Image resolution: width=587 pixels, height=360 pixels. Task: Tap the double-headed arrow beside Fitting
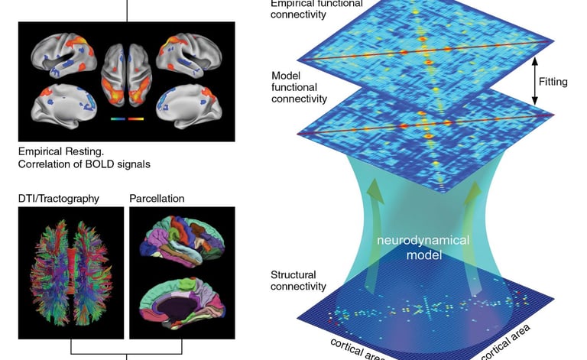534,81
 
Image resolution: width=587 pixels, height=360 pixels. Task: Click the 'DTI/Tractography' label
58,199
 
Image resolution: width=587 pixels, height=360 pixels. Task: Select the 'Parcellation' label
157,199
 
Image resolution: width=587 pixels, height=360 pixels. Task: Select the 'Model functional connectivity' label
300,88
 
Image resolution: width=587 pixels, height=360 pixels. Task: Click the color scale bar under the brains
127,118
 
